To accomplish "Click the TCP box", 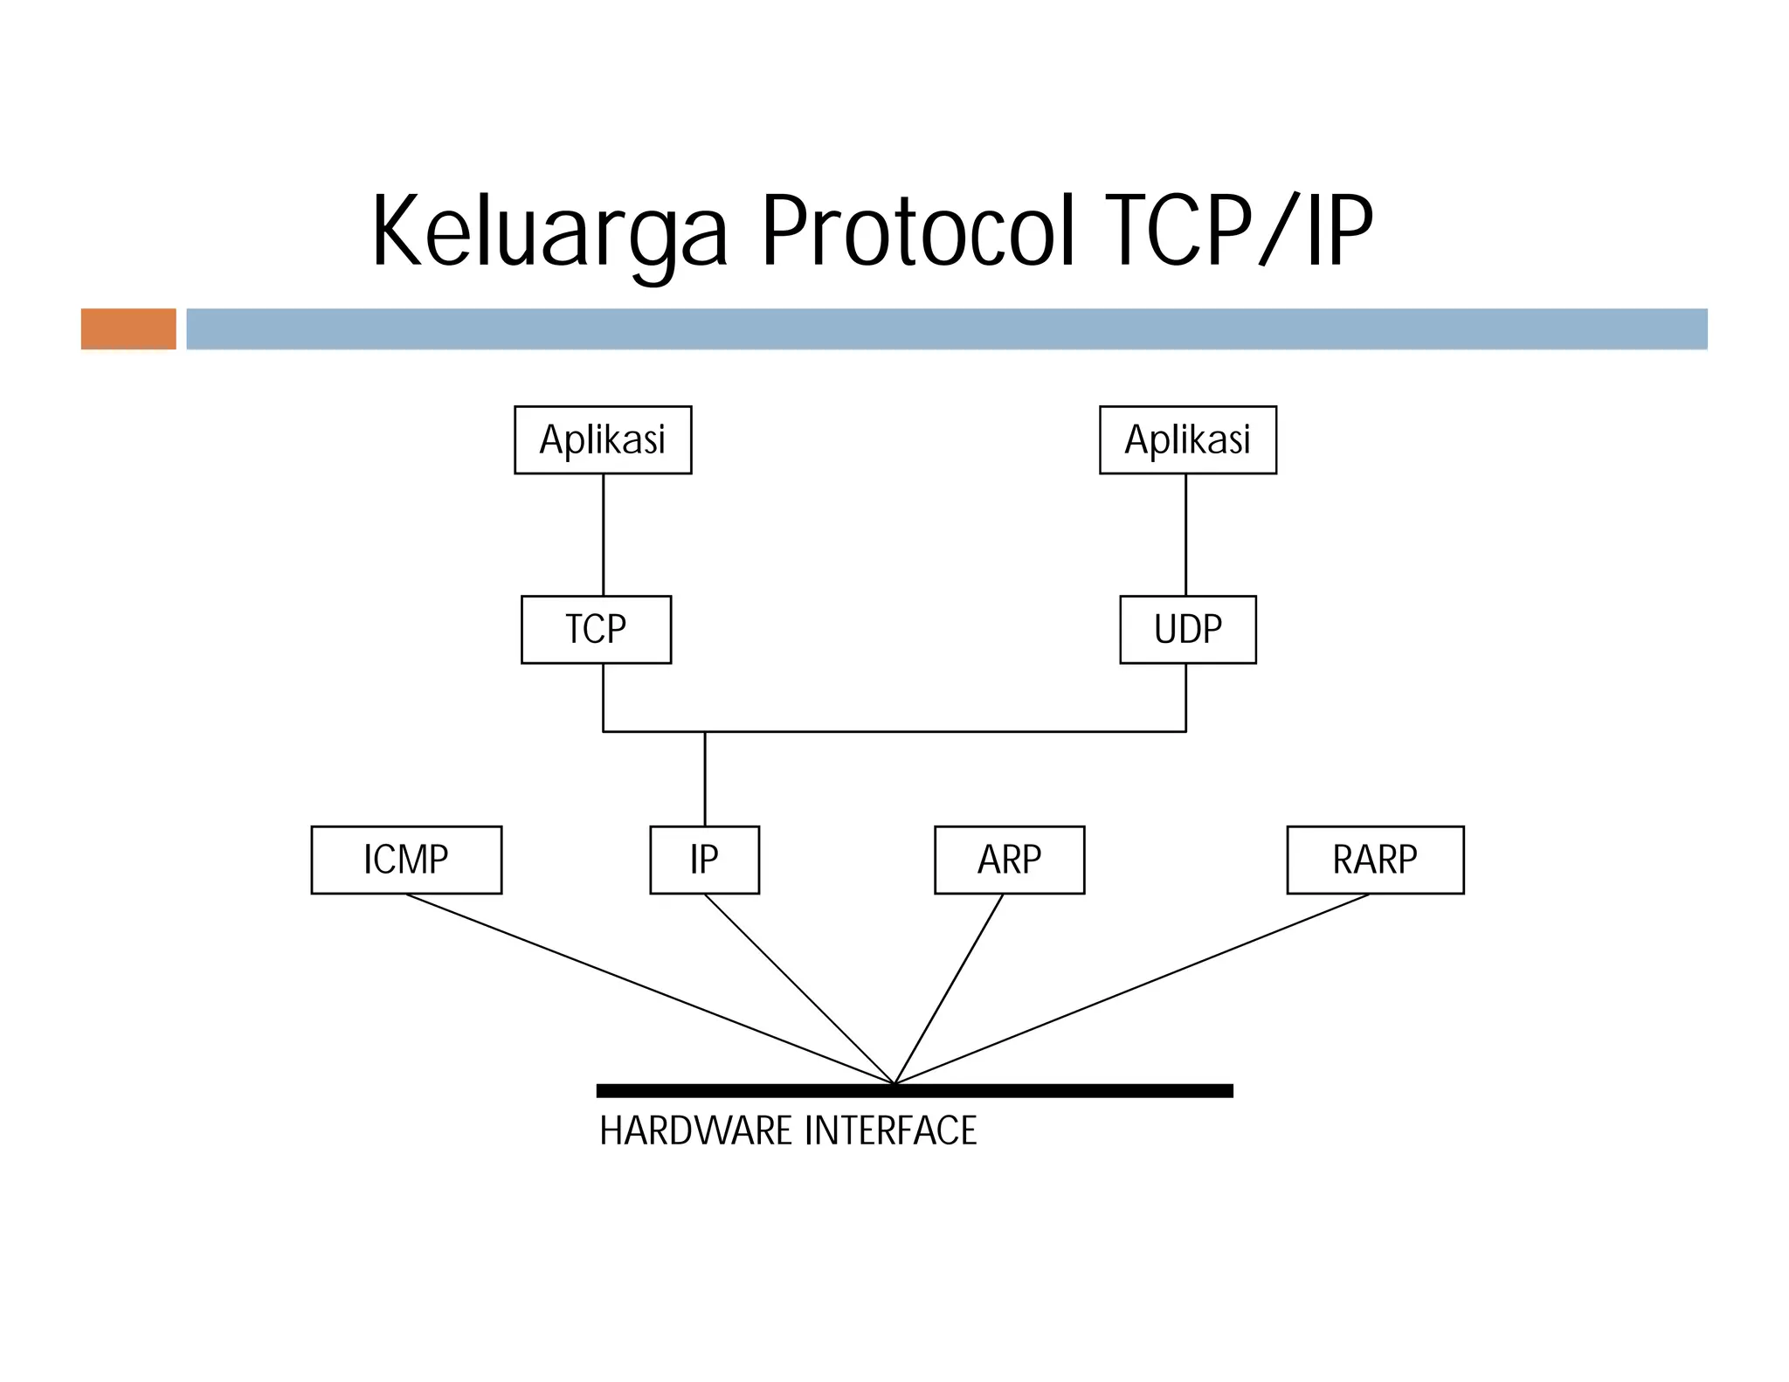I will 596,630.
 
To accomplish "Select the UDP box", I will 1187,630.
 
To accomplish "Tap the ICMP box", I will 406,860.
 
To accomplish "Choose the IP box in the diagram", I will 704,860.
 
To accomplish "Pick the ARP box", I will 1009,860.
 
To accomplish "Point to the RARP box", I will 1375,860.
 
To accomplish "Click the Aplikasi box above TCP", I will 603,439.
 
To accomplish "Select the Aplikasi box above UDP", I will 1187,439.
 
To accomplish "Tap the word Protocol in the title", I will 917,231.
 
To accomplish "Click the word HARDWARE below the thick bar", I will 695,1130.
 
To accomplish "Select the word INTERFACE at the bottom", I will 890,1130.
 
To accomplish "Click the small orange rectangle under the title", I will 128,328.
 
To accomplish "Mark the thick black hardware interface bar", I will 1048,1090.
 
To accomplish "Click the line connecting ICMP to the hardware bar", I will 650,989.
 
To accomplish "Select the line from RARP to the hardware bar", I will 1132,989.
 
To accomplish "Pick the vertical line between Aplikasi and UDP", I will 1185,535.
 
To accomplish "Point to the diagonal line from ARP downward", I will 949,989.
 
